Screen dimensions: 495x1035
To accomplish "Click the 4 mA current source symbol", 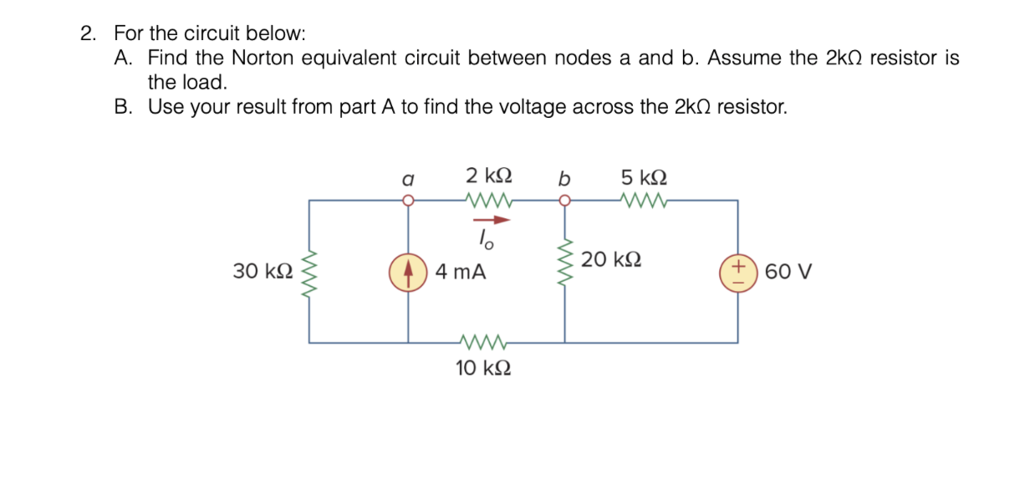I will [x=408, y=273].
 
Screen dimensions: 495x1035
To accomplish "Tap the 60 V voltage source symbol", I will [x=737, y=273].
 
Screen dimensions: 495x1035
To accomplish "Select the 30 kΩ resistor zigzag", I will [x=309, y=273].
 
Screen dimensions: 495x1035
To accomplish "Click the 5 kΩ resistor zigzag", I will [x=643, y=201].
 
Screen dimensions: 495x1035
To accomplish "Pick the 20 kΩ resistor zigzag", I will [x=565, y=261].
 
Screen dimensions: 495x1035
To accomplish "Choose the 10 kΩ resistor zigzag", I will [x=484, y=342].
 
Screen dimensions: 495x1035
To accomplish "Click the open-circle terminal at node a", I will [x=408, y=201].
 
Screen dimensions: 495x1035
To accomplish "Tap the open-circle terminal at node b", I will [x=565, y=201].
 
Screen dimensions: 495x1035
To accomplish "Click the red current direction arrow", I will [x=492, y=221].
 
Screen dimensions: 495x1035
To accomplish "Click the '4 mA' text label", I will [x=461, y=273].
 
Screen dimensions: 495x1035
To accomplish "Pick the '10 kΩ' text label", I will [x=483, y=368].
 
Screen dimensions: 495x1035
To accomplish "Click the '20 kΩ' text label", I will [x=612, y=259].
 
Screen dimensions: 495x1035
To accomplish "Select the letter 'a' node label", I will [x=407, y=178].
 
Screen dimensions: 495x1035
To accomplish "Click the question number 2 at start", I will [x=87, y=34].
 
